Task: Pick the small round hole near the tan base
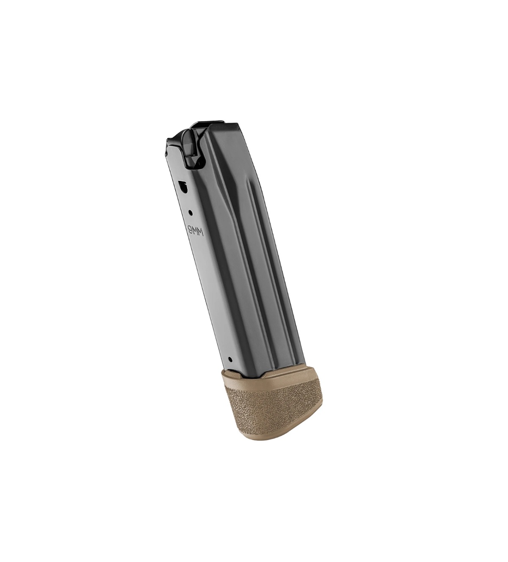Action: [x=230, y=359]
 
